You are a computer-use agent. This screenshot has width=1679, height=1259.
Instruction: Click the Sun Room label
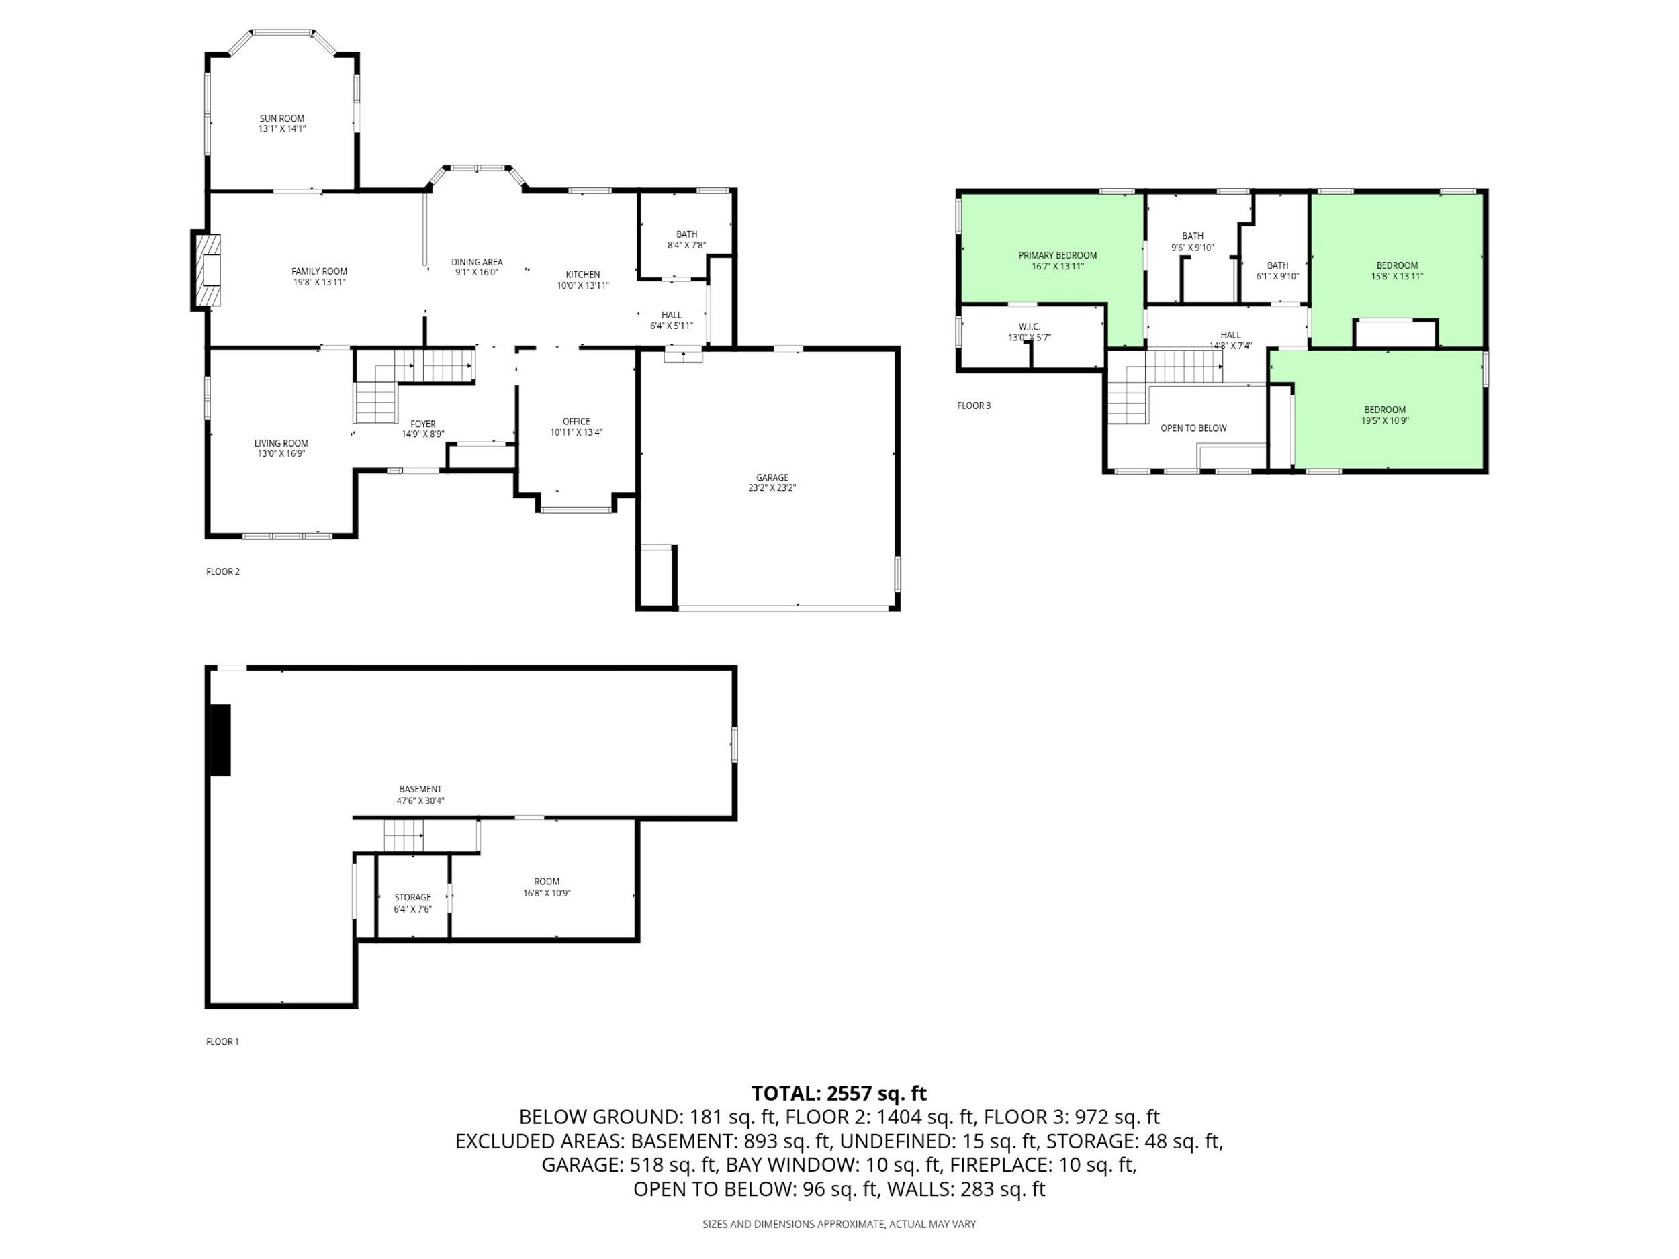[281, 118]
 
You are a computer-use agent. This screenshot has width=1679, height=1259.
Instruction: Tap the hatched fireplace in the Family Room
[209, 270]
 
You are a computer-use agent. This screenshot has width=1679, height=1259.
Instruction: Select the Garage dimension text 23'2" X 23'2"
[772, 488]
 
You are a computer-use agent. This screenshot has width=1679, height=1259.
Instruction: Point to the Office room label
[576, 421]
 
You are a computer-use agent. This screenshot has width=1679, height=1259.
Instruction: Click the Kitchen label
[583, 275]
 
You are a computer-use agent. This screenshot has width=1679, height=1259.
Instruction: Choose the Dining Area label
[477, 263]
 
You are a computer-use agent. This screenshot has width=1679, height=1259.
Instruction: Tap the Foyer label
[423, 424]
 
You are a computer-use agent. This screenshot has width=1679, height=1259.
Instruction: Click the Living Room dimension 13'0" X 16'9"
[281, 454]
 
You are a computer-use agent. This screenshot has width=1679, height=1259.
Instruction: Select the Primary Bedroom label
[1057, 256]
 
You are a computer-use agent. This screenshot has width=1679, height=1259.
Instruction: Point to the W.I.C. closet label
[1030, 327]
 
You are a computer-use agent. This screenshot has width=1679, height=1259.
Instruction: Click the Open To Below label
[1193, 428]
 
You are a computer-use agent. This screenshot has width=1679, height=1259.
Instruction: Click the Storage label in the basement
[412, 897]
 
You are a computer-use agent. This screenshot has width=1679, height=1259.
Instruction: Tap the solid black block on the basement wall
[220, 740]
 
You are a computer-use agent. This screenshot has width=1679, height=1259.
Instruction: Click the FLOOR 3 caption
[974, 406]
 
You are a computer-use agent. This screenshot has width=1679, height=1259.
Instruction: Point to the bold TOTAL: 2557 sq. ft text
[839, 1094]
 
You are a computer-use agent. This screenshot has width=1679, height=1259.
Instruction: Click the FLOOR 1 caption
[222, 1042]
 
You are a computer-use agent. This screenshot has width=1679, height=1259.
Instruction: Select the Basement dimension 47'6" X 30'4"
[420, 800]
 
